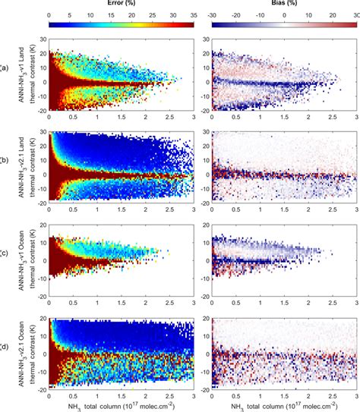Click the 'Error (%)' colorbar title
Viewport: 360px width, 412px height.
122,5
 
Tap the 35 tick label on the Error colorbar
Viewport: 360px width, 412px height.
194,15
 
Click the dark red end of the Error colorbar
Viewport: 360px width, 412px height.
192,25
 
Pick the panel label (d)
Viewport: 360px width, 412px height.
4,348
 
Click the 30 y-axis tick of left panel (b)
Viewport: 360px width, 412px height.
42,134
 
